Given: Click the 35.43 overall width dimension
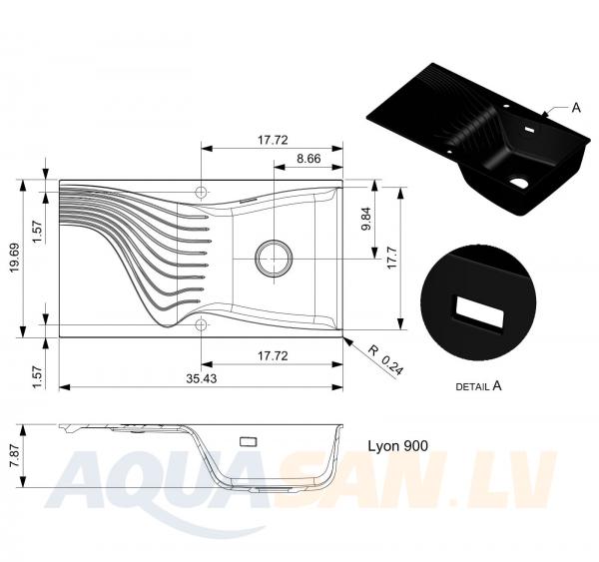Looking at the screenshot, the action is pyautogui.click(x=202, y=378).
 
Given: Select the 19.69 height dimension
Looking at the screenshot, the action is pyautogui.click(x=15, y=259).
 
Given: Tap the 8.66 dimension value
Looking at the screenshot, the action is pyautogui.click(x=308, y=158).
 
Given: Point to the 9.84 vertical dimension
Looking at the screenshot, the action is pyautogui.click(x=366, y=219).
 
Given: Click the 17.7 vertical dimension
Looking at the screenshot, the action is pyautogui.click(x=392, y=259).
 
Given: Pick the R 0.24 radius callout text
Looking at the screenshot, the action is pyautogui.click(x=385, y=360).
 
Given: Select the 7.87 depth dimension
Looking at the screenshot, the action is pyautogui.click(x=15, y=456).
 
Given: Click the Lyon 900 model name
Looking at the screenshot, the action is pyautogui.click(x=397, y=446).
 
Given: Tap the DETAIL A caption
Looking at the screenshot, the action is pyautogui.click(x=478, y=386).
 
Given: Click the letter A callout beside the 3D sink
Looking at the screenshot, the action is pyautogui.click(x=576, y=108).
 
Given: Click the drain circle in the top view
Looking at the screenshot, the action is pyautogui.click(x=274, y=259).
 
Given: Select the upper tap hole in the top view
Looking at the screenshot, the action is pyautogui.click(x=201, y=192).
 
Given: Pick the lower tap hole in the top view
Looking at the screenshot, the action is pyautogui.click(x=201, y=324).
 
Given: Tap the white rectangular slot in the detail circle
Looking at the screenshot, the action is pyautogui.click(x=479, y=311).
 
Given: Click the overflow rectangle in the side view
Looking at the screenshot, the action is pyautogui.click(x=248, y=441).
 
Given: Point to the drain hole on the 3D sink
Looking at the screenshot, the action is pyautogui.click(x=518, y=183).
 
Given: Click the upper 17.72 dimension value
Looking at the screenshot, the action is pyautogui.click(x=273, y=140).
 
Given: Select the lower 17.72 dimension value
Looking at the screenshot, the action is pyautogui.click(x=273, y=356).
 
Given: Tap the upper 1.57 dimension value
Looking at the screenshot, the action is pyautogui.click(x=38, y=232).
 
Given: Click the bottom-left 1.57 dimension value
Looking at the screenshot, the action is pyautogui.click(x=38, y=377).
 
